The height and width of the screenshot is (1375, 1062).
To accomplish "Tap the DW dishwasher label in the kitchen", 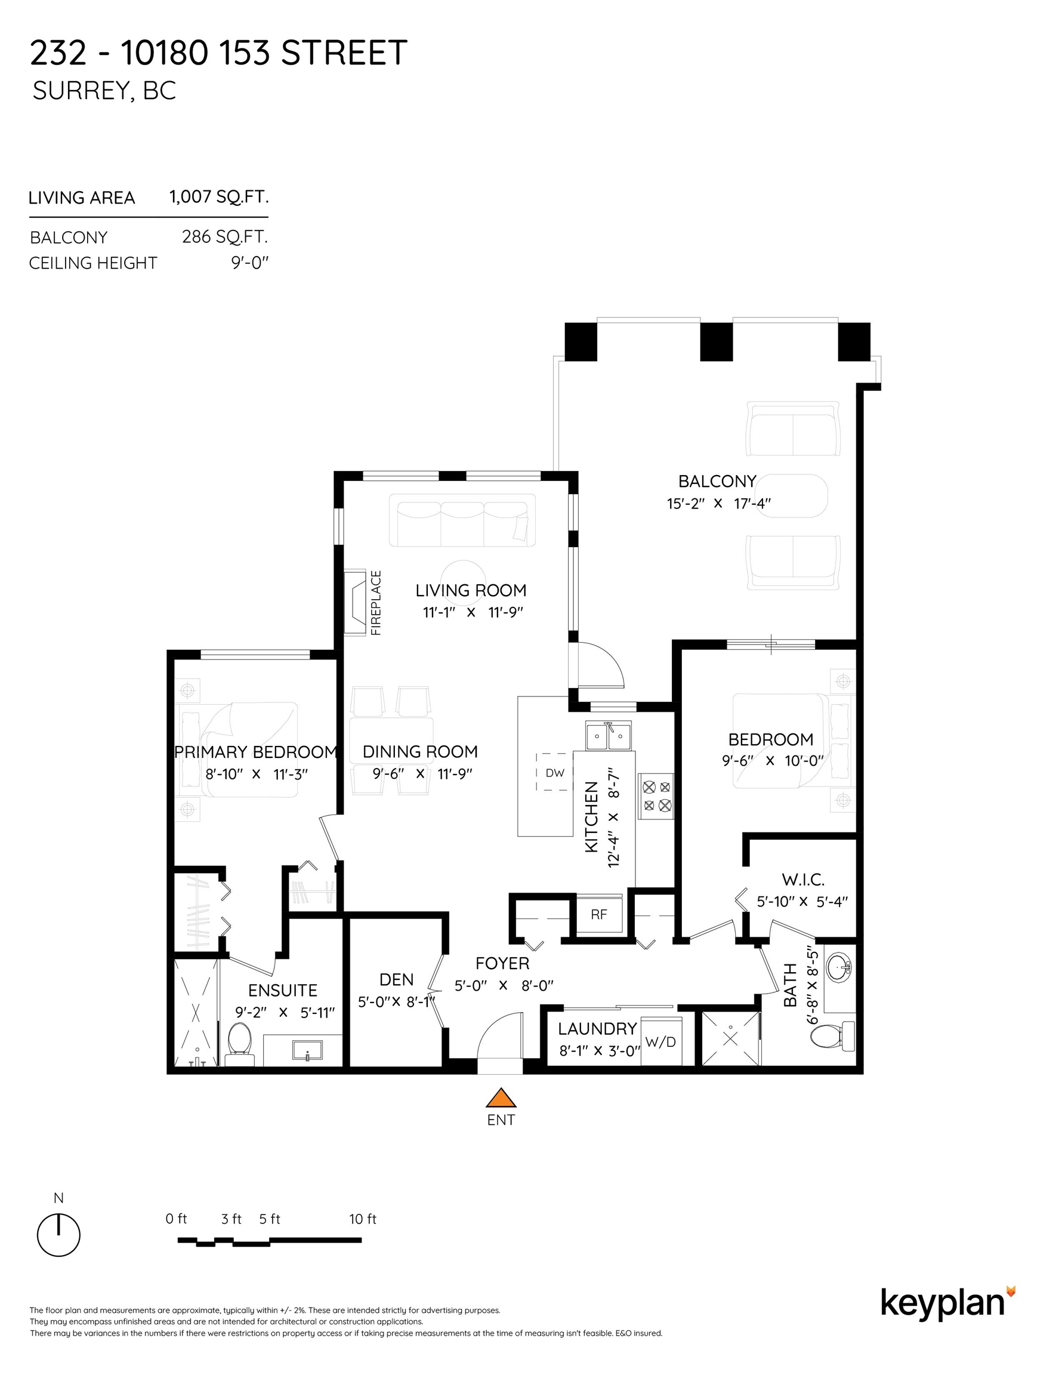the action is point(555,772).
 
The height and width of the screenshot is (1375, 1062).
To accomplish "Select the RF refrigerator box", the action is point(599,914).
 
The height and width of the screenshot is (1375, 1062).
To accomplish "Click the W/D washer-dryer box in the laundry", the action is point(661,1042).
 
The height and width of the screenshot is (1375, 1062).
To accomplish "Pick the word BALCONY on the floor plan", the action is point(717,482).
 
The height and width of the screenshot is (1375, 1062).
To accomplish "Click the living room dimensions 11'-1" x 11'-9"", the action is point(473,612).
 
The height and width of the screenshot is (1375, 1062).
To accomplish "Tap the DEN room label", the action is point(397,979).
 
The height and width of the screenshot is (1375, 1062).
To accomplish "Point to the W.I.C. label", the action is point(802,880).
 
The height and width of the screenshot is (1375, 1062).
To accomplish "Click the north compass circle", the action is point(58,1235).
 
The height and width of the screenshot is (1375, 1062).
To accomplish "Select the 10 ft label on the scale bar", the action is point(363,1219).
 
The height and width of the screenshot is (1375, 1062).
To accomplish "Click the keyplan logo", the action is point(947,1304).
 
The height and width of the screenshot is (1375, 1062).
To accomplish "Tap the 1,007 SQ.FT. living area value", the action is point(219,197).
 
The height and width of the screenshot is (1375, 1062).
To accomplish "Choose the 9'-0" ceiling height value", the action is point(250,263).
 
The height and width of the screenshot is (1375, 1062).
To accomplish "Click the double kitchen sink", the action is point(609,735).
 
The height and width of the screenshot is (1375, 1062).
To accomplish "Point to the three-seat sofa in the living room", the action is point(462,520).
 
